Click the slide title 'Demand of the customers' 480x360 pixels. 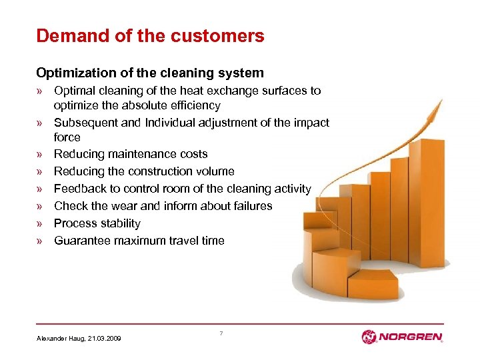tap(150, 35)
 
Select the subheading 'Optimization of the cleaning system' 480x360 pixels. tap(150, 73)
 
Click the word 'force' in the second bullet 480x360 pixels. tap(67, 137)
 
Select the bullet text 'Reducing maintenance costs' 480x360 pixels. tap(131, 154)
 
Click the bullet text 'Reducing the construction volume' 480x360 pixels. tap(144, 171)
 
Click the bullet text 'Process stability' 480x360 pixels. tap(97, 223)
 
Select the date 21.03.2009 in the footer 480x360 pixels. tap(105, 339)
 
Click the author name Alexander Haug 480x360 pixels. tap(59, 339)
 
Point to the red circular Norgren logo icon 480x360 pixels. tap(369, 337)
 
